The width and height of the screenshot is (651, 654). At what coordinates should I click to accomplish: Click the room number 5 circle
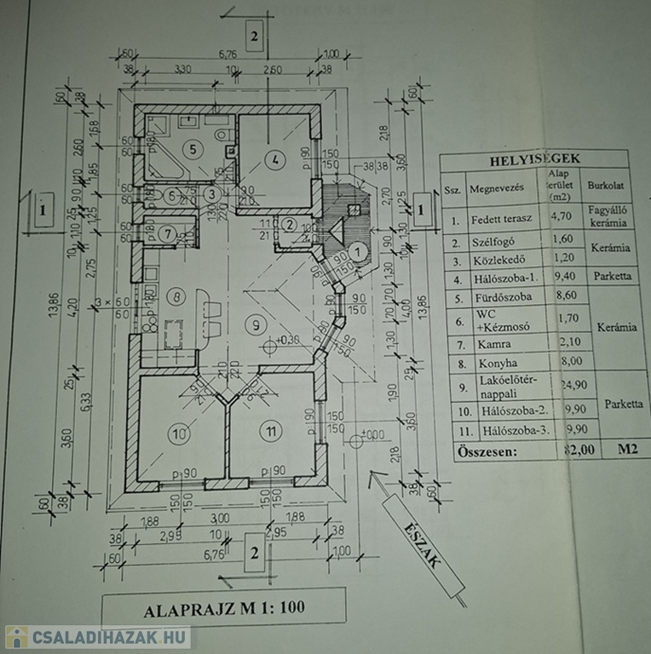click(x=193, y=149)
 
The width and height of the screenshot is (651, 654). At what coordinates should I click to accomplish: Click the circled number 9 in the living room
click(x=251, y=323)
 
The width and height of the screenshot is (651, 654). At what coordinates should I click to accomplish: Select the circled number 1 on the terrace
click(x=359, y=251)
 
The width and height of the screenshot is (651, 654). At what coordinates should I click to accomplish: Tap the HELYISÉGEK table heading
click(x=533, y=159)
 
